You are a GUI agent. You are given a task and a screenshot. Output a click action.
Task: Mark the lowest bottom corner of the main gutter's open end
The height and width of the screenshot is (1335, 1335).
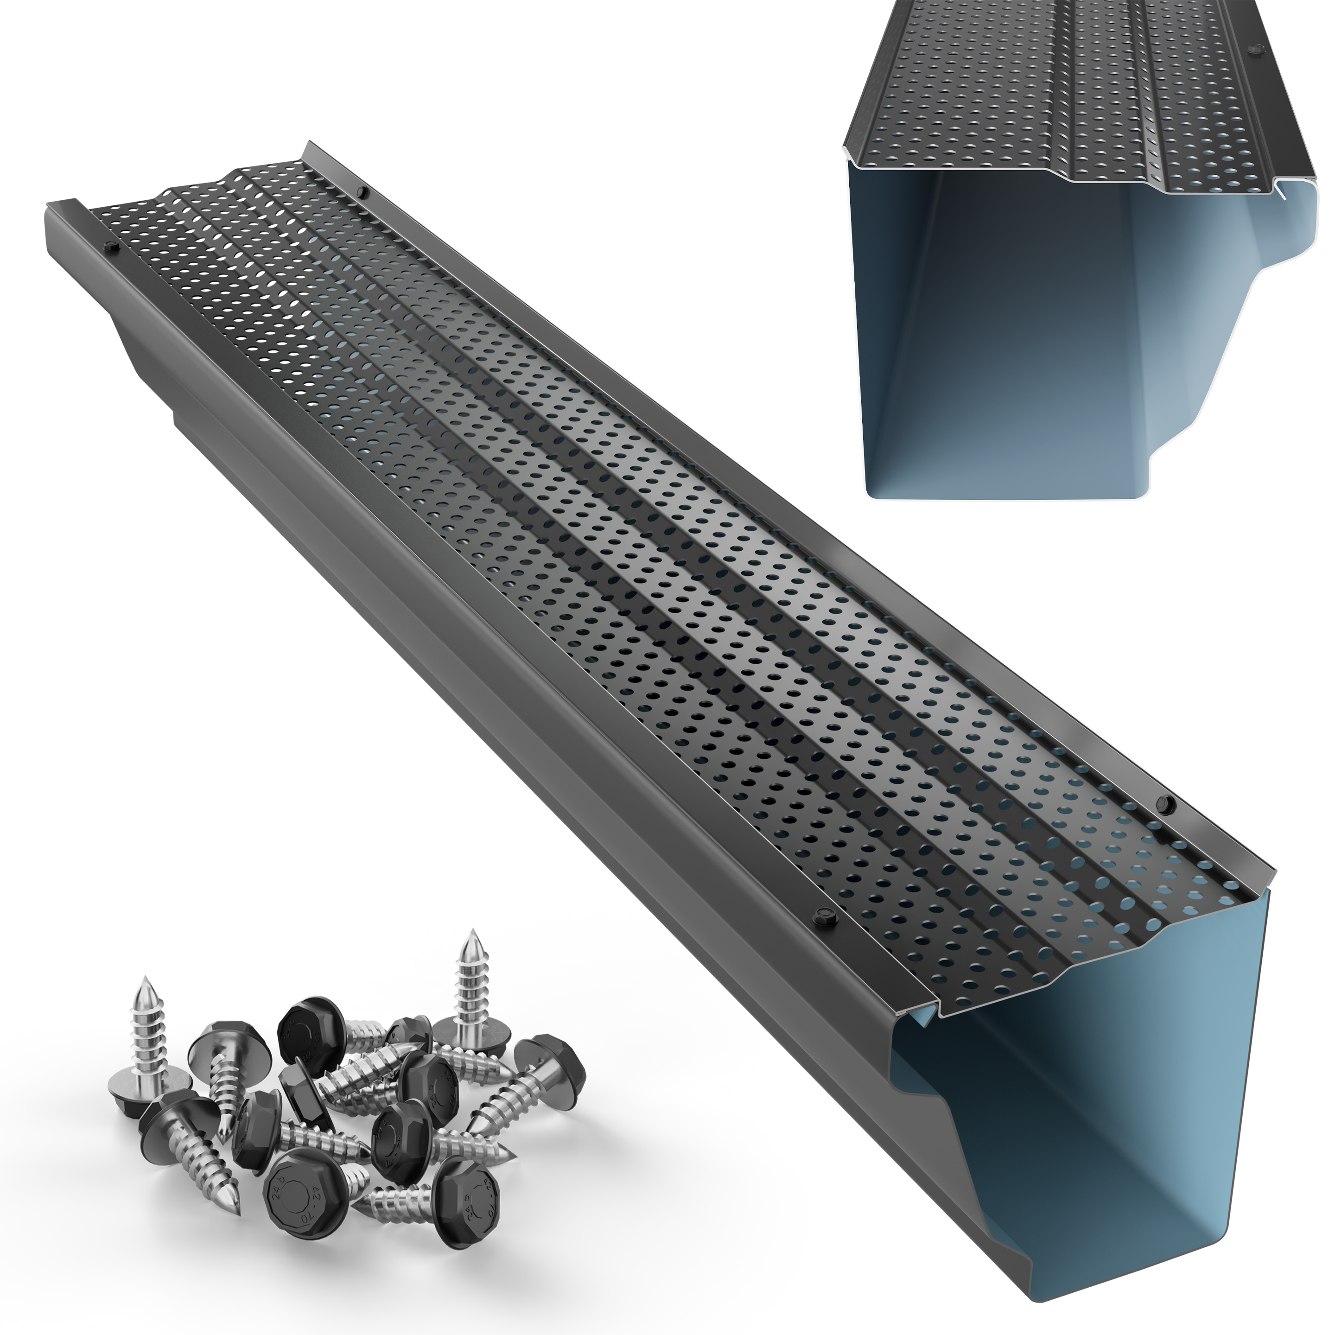pos(1218,1321)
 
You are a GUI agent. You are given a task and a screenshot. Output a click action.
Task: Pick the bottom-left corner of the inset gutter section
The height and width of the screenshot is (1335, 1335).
pos(869,494)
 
